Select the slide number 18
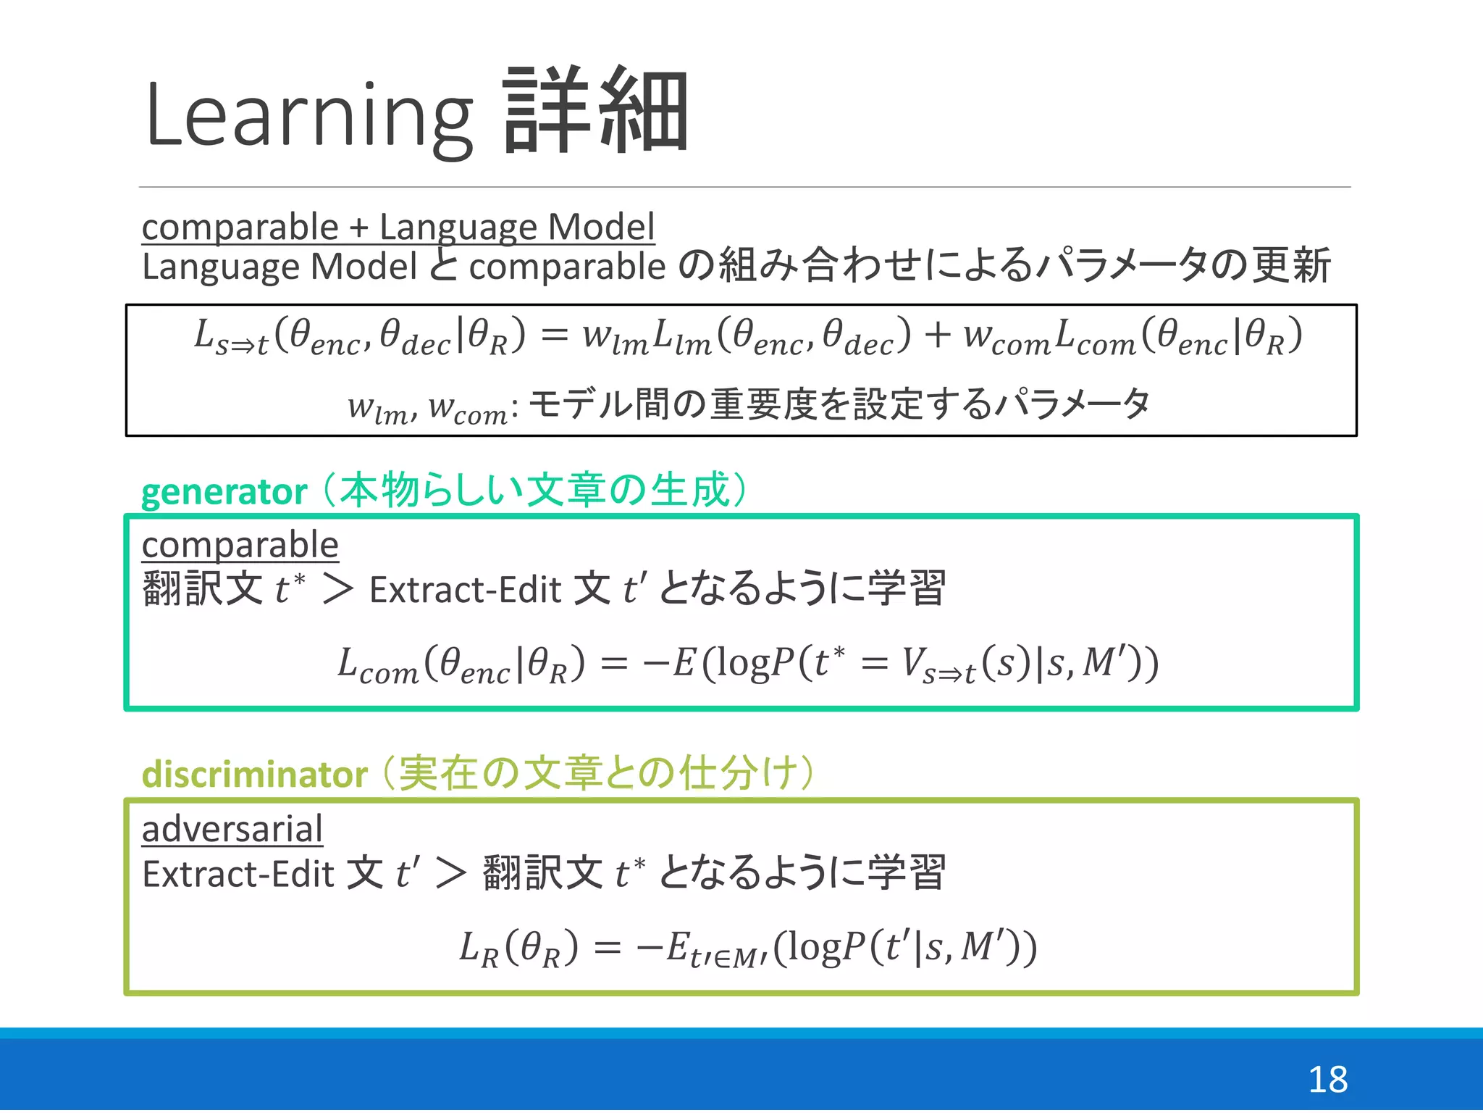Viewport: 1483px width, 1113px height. pyautogui.click(x=1327, y=1080)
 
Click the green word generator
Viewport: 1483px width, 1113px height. pyautogui.click(x=224, y=492)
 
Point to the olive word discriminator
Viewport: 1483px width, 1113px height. pyautogui.click(x=254, y=775)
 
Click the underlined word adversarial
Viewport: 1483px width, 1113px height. pyautogui.click(x=232, y=829)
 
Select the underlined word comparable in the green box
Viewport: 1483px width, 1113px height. pyautogui.click(x=240, y=545)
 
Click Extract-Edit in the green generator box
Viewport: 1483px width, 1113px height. pyautogui.click(x=465, y=590)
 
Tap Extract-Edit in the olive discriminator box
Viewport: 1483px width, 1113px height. pyautogui.click(x=238, y=874)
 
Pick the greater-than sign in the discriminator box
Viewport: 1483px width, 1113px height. pyautogui.click(x=450, y=873)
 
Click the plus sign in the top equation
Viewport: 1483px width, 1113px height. pyautogui.click(x=937, y=336)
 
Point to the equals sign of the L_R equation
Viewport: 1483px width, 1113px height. pyautogui.click(x=607, y=947)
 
